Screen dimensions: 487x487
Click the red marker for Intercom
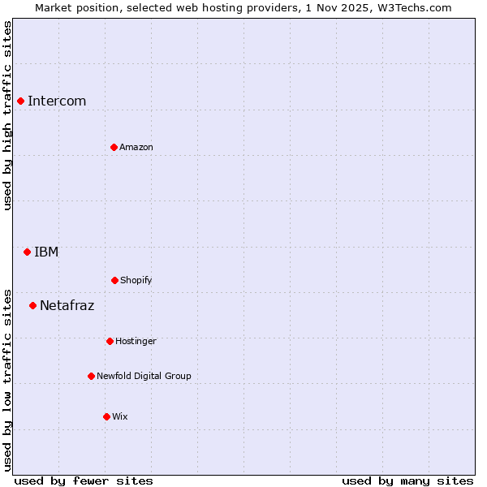(x=20, y=101)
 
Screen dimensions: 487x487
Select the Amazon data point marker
(x=114, y=147)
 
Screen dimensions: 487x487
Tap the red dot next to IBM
(x=27, y=252)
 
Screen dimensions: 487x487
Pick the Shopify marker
(x=114, y=280)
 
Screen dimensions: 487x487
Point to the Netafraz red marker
(x=32, y=305)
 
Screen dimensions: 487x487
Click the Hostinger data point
(x=110, y=341)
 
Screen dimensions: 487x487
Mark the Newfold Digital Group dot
(x=91, y=376)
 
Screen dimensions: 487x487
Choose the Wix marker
(x=106, y=416)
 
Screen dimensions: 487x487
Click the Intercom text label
(x=57, y=101)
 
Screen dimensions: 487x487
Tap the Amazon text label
(x=136, y=147)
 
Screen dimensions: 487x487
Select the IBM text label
(x=46, y=252)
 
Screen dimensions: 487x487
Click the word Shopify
(x=136, y=280)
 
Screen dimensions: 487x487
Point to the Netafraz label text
(x=67, y=305)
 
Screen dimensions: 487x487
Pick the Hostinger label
(x=136, y=341)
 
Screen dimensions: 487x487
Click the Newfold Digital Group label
(x=144, y=376)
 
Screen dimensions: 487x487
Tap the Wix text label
(x=120, y=416)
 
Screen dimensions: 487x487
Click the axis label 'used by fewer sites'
(x=84, y=481)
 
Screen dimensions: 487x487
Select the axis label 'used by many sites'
(x=407, y=481)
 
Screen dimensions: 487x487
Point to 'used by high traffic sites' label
(x=7, y=115)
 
